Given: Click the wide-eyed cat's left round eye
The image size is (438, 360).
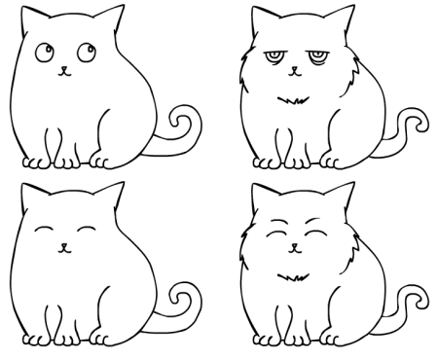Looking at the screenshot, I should click(x=45, y=50).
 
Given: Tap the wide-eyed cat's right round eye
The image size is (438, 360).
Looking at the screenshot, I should click(x=81, y=49).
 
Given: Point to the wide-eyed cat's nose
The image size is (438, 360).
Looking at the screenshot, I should click(x=63, y=68).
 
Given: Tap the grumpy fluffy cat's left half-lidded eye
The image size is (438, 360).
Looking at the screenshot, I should click(x=273, y=59).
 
